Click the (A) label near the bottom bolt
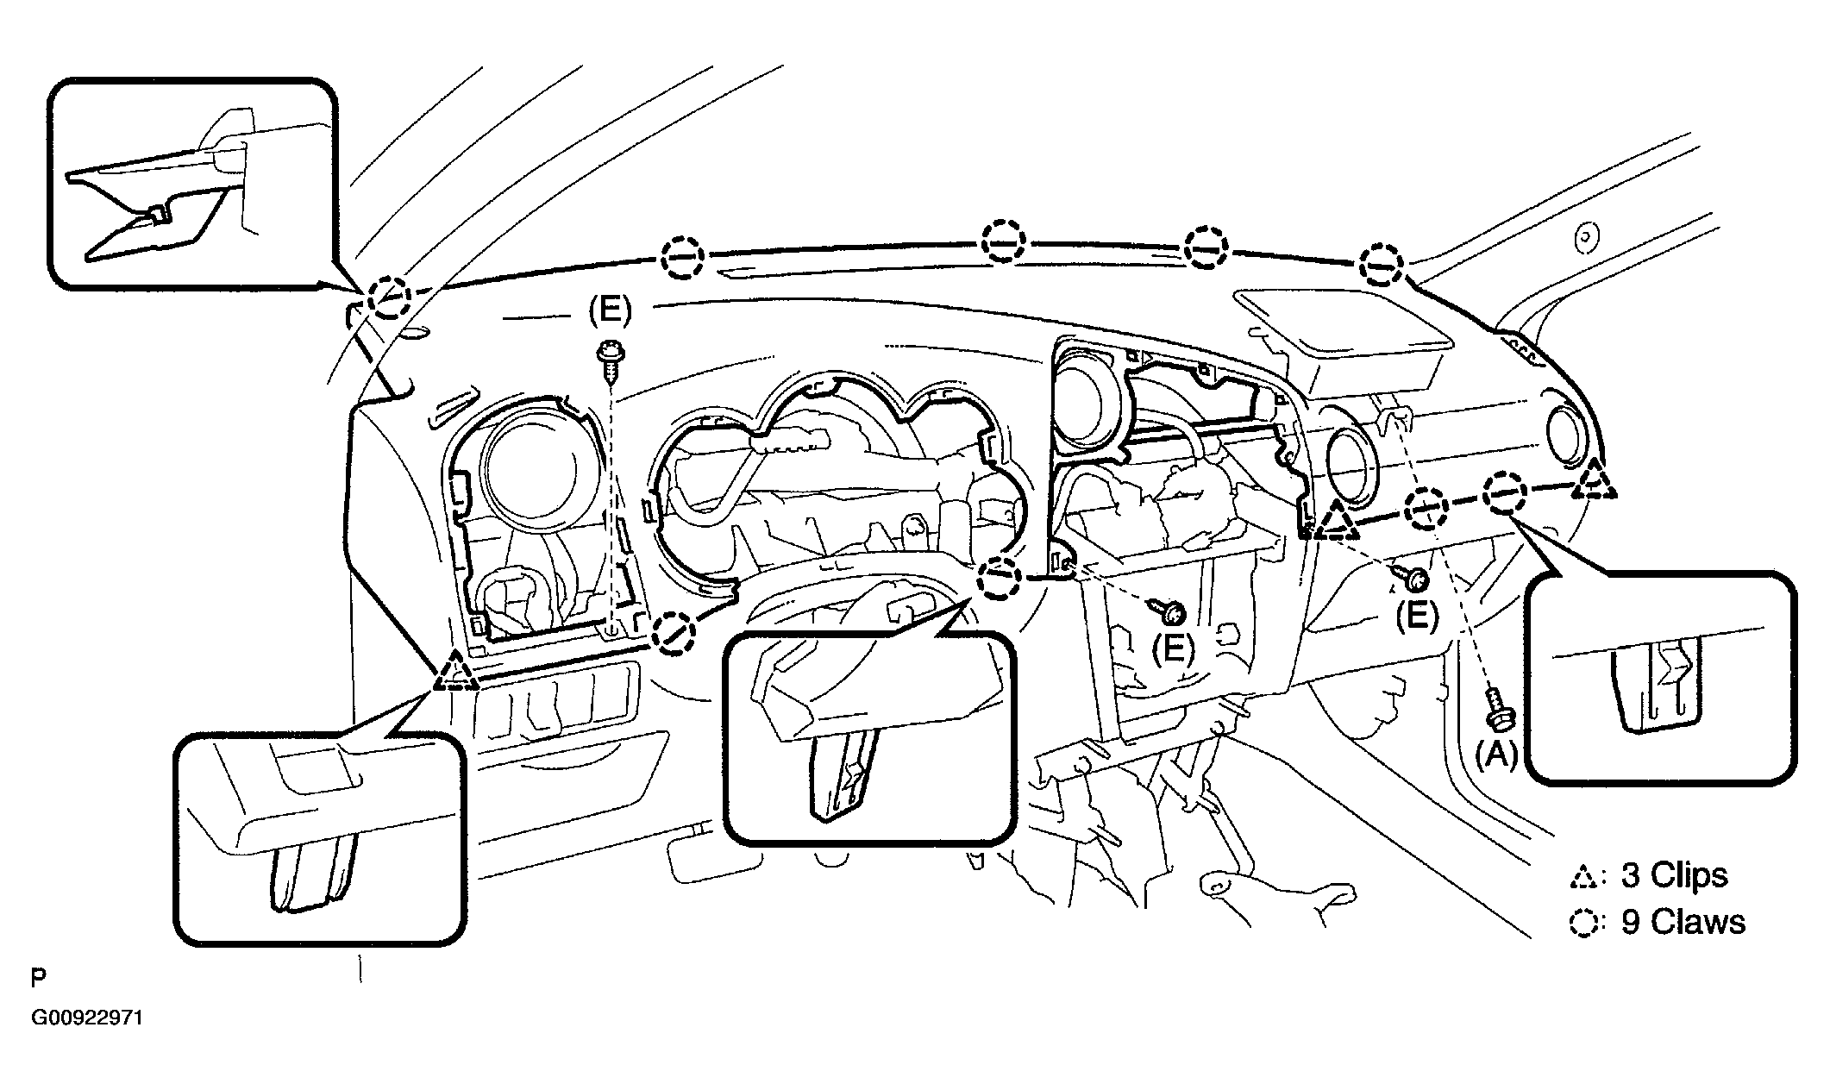(1496, 755)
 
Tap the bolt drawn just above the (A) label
(1496, 705)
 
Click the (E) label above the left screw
(610, 310)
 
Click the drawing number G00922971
(87, 1018)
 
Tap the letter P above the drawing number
(38, 978)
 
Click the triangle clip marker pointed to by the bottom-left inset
(455, 673)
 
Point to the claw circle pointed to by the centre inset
(1000, 579)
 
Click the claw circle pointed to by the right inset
(1504, 493)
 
